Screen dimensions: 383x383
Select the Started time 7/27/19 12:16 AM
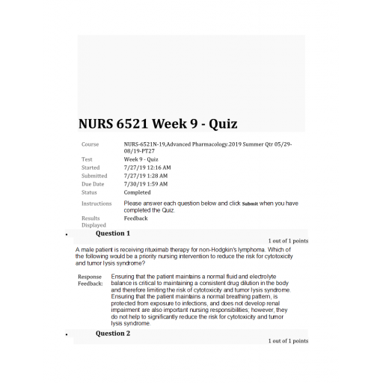pos(147,168)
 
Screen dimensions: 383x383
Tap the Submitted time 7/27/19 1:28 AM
pos(146,176)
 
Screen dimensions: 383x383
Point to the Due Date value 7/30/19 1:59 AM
pos(146,184)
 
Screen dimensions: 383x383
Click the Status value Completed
pos(137,192)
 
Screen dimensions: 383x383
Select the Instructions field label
pos(96,203)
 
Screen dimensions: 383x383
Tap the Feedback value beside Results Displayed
pos(135,218)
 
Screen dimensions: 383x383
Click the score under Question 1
pos(288,242)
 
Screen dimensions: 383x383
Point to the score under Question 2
pos(288,341)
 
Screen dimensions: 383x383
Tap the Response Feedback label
pos(90,281)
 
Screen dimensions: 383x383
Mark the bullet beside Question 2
pos(68,334)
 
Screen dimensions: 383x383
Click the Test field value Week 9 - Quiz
pos(141,159)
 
